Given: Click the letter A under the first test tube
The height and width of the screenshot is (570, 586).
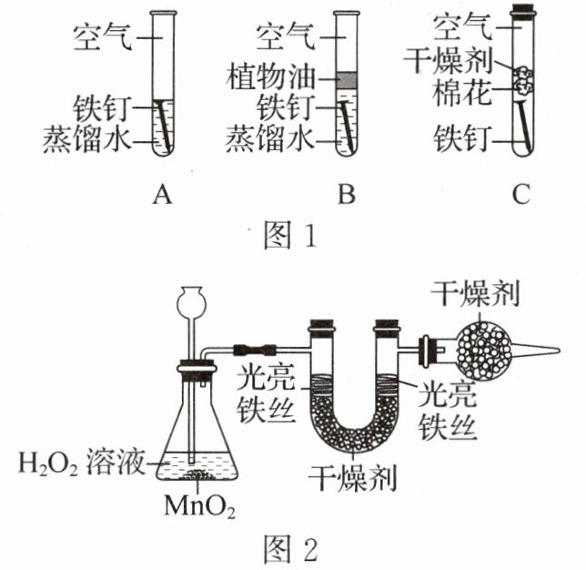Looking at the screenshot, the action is tap(162, 195).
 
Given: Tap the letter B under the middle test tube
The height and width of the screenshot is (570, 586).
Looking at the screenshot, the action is tap(347, 195).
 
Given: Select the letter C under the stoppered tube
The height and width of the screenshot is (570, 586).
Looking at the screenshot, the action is tap(521, 195).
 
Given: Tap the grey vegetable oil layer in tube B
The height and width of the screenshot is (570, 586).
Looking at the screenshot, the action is tap(347, 80).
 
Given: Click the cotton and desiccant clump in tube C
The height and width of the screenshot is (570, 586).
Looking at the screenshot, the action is tap(523, 80).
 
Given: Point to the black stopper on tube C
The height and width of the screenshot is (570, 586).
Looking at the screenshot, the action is tap(523, 11).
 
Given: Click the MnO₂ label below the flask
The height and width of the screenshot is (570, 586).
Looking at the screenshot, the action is tap(199, 505).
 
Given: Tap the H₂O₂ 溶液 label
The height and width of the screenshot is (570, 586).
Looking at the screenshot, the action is tap(81, 463).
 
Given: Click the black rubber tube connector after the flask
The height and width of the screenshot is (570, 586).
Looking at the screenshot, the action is tap(255, 350).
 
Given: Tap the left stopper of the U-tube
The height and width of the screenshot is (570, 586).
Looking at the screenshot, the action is tap(321, 324).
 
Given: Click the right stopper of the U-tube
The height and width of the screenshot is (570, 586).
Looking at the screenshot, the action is tap(388, 324).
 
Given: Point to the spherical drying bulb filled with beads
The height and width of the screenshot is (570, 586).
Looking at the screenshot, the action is tap(484, 351).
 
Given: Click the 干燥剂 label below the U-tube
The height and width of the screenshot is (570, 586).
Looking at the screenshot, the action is tap(352, 478).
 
